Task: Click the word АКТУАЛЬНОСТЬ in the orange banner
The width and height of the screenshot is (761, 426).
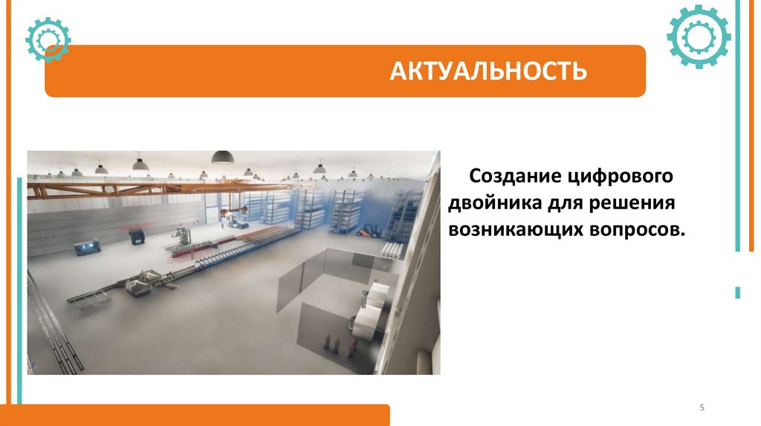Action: click(x=490, y=71)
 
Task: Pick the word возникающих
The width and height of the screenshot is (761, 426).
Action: click(x=507, y=229)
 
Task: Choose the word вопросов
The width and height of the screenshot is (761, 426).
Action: click(x=637, y=229)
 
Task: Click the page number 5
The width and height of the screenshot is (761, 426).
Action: click(x=702, y=408)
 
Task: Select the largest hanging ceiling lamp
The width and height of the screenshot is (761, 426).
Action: click(x=222, y=157)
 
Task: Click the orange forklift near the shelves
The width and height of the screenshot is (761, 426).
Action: click(x=369, y=231)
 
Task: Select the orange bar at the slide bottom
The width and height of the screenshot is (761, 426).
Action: click(x=201, y=415)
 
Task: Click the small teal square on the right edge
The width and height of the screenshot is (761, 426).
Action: click(x=737, y=292)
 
